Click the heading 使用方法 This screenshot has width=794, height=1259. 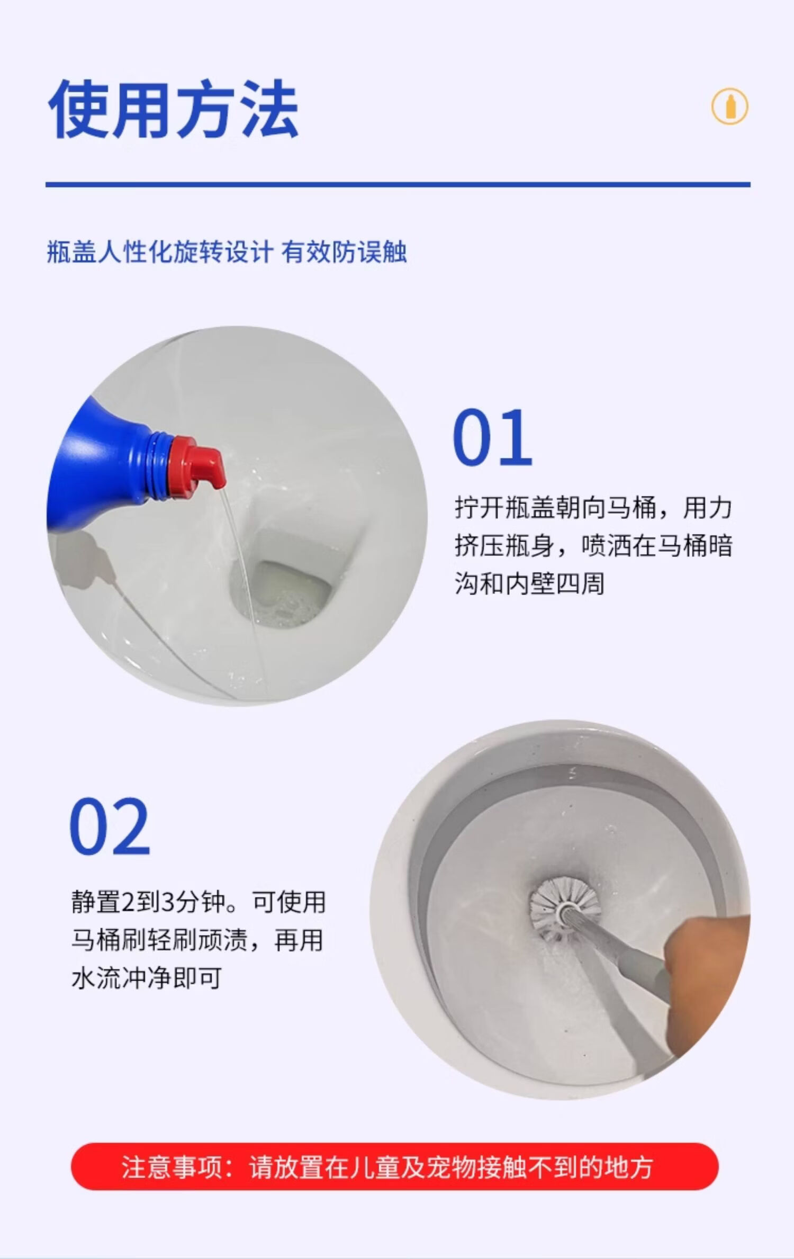tap(173, 110)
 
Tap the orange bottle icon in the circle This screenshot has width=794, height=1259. tap(730, 107)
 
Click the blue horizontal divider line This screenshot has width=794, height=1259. tap(398, 184)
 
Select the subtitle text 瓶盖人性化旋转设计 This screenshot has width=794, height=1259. tap(160, 251)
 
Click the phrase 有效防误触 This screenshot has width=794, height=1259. tap(344, 251)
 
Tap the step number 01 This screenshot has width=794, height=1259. tap(492, 438)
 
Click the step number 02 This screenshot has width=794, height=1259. tap(110, 827)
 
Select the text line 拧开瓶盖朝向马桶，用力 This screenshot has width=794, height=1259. tap(593, 508)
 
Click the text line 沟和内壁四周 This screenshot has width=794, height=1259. tap(529, 584)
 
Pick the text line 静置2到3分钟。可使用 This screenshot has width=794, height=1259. tap(198, 902)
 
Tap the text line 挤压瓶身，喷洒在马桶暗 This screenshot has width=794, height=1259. tap(593, 546)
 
